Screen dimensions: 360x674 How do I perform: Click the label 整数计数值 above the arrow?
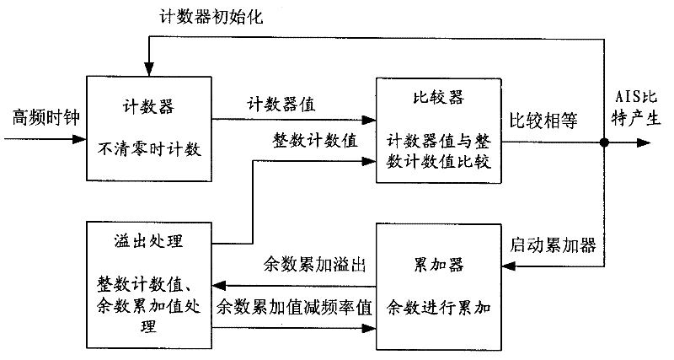(x=315, y=140)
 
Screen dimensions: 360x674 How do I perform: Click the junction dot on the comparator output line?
(x=603, y=142)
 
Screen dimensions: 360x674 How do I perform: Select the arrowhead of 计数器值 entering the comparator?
(x=368, y=119)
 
